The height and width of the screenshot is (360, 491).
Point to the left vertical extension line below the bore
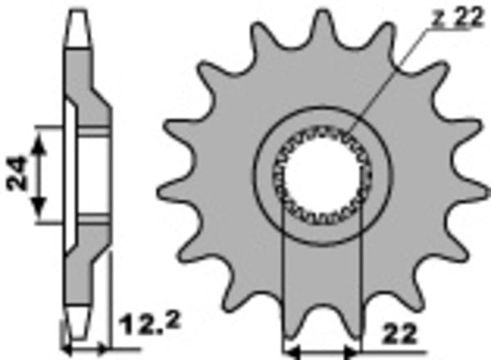click(x=282, y=278)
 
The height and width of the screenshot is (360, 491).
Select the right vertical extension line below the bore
click(x=357, y=278)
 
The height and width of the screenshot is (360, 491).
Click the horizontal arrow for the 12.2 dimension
click(x=82, y=348)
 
